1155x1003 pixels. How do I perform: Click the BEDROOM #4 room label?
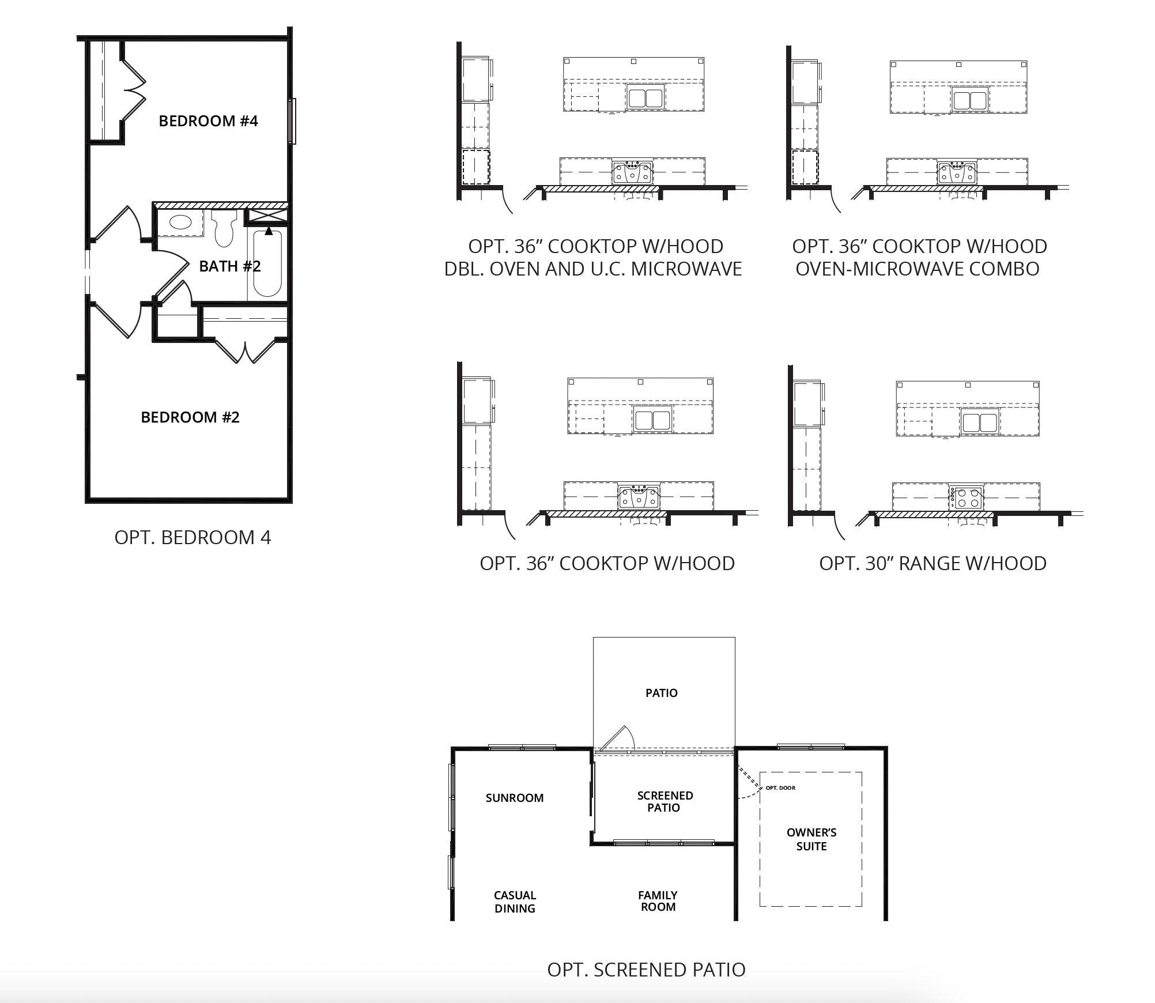208,121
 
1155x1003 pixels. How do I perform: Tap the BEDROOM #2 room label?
190,417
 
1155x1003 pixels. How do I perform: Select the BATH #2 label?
230,266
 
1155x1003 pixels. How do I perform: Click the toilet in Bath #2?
225,228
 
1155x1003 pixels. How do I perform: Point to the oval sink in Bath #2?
180,223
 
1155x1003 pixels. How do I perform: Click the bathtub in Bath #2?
267,263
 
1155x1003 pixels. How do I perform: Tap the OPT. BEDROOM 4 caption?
192,537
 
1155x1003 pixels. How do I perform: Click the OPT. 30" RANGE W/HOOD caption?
933,563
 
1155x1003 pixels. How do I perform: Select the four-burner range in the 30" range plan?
966,498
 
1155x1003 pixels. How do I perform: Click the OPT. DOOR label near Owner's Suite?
780,788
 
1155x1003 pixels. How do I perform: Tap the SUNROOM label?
515,798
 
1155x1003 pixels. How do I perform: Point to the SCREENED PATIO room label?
665,802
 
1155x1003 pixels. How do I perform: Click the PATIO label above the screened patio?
662,693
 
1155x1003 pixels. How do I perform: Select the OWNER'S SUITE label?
811,839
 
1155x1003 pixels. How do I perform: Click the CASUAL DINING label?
515,902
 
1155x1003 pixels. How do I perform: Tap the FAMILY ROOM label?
658,901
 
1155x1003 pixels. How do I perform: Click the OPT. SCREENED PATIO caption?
646,970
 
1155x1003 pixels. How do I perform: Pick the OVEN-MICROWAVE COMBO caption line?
918,269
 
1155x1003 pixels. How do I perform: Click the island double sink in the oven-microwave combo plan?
970,100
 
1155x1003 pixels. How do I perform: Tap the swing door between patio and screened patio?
616,739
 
